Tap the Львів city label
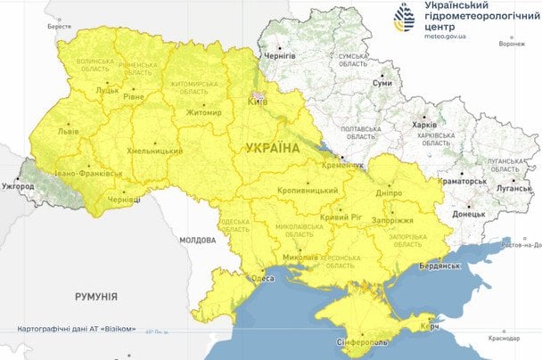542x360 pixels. tap(68, 130)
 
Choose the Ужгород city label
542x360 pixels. tap(17, 187)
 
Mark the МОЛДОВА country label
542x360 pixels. tap(197, 240)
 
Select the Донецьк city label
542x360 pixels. tap(469, 215)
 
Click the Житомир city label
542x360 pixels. tap(204, 112)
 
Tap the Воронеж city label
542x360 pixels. tap(512, 43)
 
